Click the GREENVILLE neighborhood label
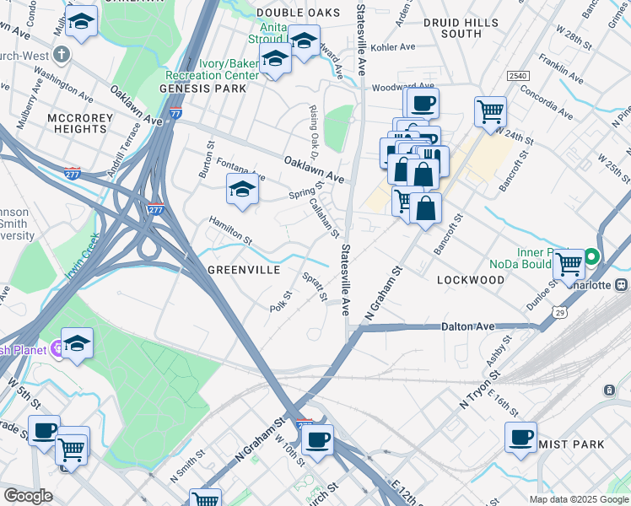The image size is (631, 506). tap(244, 271)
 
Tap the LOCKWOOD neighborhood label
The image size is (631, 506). tap(471, 279)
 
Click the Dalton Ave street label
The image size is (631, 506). tap(467, 326)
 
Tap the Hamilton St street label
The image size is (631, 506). tap(230, 229)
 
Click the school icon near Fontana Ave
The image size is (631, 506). tap(242, 190)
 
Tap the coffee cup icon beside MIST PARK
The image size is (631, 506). tap(520, 437)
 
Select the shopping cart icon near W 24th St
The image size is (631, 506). tap(490, 110)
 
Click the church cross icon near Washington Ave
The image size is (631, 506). tap(60, 55)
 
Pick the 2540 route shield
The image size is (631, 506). tap(517, 76)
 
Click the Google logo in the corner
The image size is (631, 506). tap(28, 496)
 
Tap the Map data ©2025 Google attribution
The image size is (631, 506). tap(577, 499)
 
